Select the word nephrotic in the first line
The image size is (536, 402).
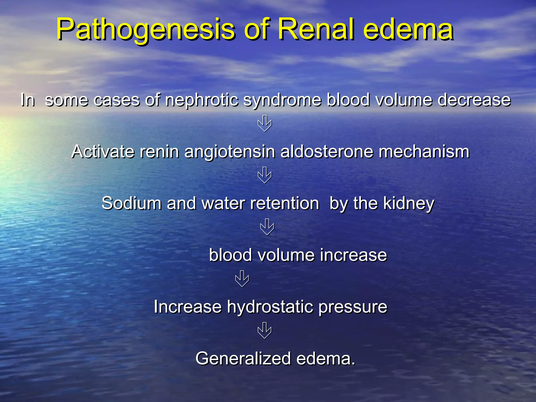tap(202, 100)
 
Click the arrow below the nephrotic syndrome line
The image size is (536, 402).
tap(265, 124)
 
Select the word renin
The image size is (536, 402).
tap(159, 152)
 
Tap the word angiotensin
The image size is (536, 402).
tap(230, 152)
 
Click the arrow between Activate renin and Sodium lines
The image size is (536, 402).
tap(265, 175)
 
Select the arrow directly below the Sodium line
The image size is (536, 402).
tap(267, 227)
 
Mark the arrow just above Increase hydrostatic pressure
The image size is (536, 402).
tap(242, 278)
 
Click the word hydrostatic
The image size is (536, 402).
tap(270, 307)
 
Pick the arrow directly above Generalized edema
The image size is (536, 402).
tap(265, 330)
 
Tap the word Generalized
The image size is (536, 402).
tap(243, 358)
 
